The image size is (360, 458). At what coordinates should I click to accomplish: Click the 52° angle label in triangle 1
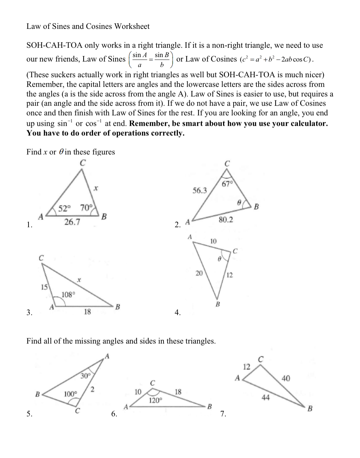(x=64, y=208)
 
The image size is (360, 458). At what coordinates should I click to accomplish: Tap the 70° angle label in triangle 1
(x=86, y=208)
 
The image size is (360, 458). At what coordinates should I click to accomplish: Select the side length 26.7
(x=72, y=222)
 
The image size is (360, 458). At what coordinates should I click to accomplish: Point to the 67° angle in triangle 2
(x=227, y=184)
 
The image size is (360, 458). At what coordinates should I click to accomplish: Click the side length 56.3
(x=200, y=191)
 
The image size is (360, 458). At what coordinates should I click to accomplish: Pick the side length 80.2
(x=226, y=220)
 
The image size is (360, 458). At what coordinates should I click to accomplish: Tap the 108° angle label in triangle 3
(x=68, y=294)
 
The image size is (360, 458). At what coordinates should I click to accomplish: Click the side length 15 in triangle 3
(x=44, y=287)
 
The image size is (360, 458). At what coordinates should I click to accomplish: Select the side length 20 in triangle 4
(x=199, y=273)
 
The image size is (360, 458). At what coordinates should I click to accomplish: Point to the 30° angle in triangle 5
(x=85, y=375)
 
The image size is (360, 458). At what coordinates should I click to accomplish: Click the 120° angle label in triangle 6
(x=156, y=400)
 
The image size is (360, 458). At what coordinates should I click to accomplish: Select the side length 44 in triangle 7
(x=266, y=398)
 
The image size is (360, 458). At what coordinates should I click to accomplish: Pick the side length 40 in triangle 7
(x=286, y=378)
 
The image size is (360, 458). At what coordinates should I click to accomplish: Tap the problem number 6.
(x=114, y=414)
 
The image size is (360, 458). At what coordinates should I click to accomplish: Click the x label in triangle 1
(x=95, y=189)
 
